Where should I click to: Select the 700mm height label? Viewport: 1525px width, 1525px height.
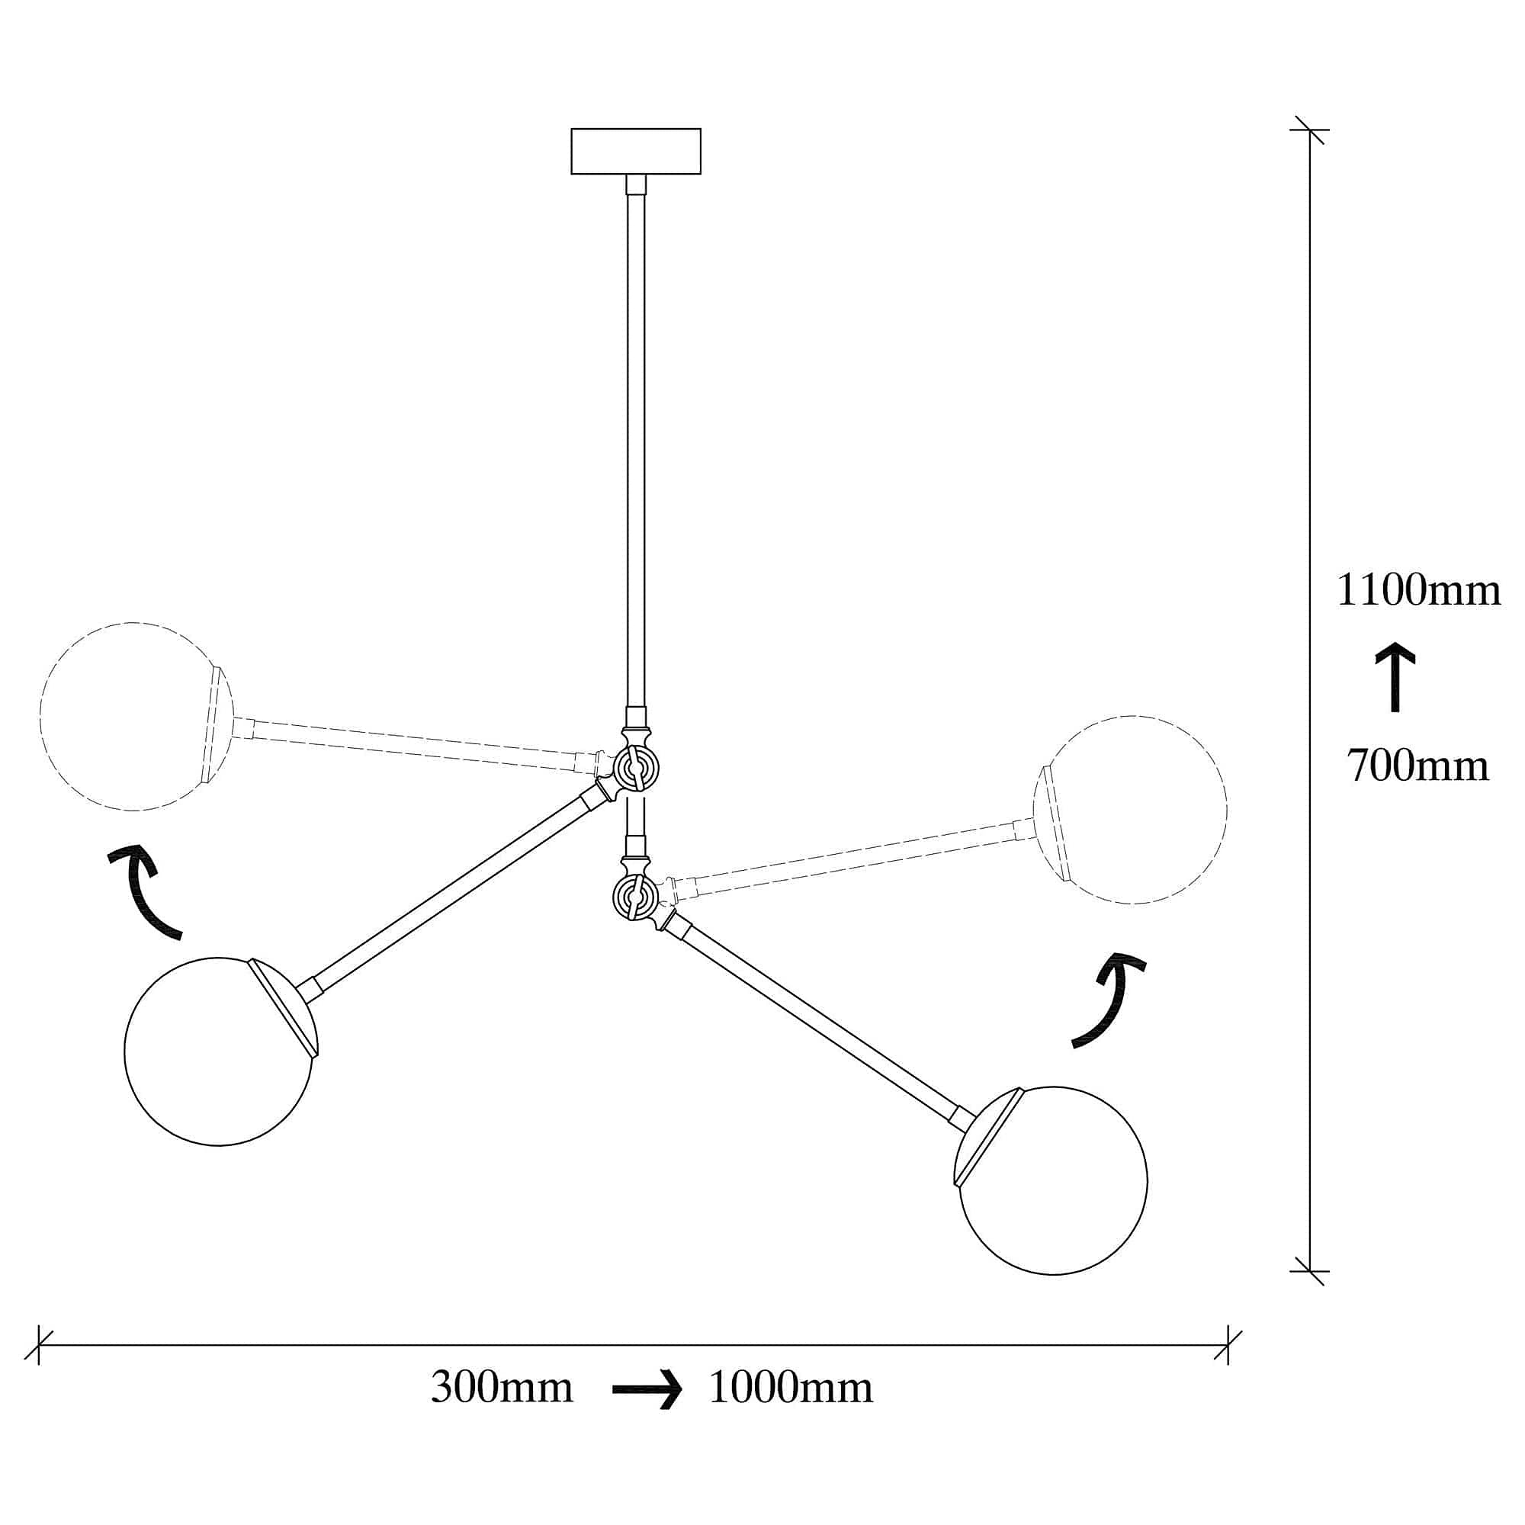coord(1417,766)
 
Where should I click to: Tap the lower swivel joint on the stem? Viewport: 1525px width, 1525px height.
coord(634,897)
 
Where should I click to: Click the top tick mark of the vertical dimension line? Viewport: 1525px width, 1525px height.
coord(1309,130)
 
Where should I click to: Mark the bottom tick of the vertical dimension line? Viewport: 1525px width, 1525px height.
coord(1309,1271)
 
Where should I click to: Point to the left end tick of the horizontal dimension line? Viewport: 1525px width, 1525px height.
coord(39,1345)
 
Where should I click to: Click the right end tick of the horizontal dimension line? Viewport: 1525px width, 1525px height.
coord(1228,1345)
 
